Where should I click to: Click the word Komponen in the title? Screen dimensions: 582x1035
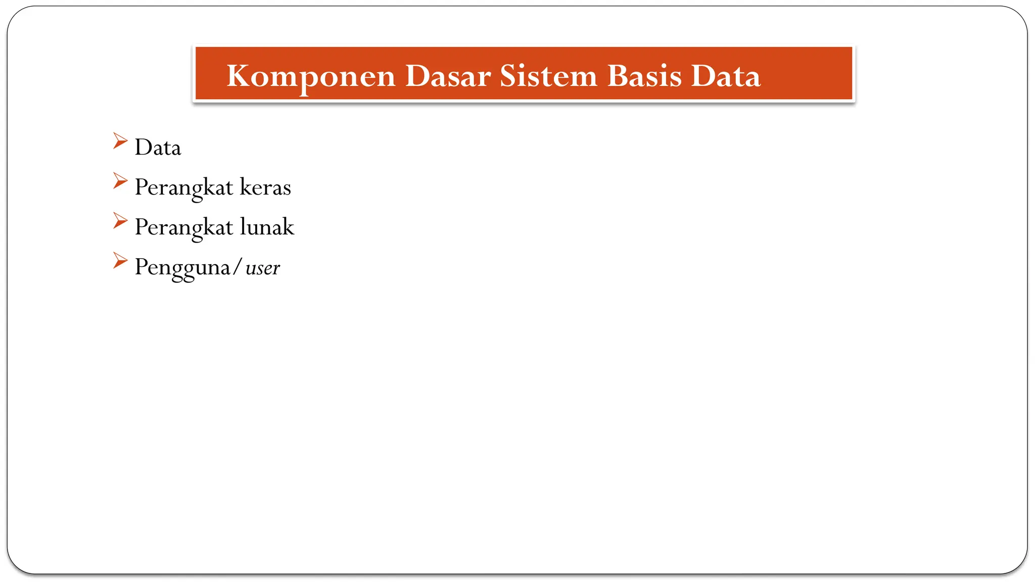coord(310,77)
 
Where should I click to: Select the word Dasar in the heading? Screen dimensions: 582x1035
coord(448,76)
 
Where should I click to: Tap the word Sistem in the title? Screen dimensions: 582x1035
coord(548,76)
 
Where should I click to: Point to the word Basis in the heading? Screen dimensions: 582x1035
coord(644,76)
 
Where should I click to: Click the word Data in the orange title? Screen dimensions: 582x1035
coord(725,76)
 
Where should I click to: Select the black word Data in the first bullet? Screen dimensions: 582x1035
coord(158,148)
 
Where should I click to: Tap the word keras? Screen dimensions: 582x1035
coord(265,187)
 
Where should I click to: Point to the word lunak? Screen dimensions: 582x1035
coord(267,227)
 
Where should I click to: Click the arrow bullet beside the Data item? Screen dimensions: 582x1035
coord(120,141)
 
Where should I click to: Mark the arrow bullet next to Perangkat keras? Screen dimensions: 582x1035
coord(120,181)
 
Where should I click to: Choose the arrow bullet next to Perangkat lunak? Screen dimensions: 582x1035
coord(120,221)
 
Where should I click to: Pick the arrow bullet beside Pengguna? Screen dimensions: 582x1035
coord(120,261)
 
